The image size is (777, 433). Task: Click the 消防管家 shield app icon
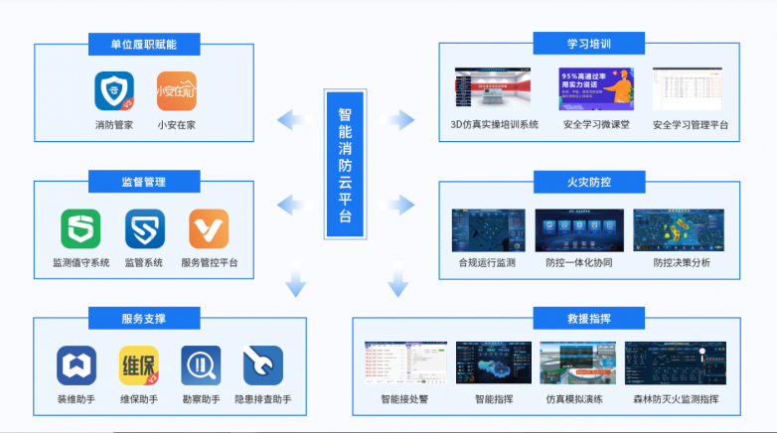point(114,91)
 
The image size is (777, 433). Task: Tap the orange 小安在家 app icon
point(177,91)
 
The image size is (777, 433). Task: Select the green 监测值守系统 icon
point(80,228)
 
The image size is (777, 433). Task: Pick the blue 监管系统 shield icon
point(144,228)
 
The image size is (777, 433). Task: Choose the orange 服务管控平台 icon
point(209,228)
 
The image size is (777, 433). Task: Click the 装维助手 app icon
point(76,365)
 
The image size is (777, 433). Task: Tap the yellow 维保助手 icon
point(138,365)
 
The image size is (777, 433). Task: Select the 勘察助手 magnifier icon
point(201,365)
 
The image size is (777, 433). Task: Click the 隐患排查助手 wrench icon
point(263,365)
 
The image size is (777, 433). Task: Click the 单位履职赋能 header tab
point(143,45)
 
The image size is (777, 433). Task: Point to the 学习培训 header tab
point(586,45)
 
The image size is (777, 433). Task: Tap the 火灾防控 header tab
point(586,182)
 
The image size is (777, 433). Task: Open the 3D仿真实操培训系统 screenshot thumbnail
point(494,89)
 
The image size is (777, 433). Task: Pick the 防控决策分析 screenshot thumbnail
point(681,228)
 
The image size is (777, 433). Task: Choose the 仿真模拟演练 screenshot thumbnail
point(577,363)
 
